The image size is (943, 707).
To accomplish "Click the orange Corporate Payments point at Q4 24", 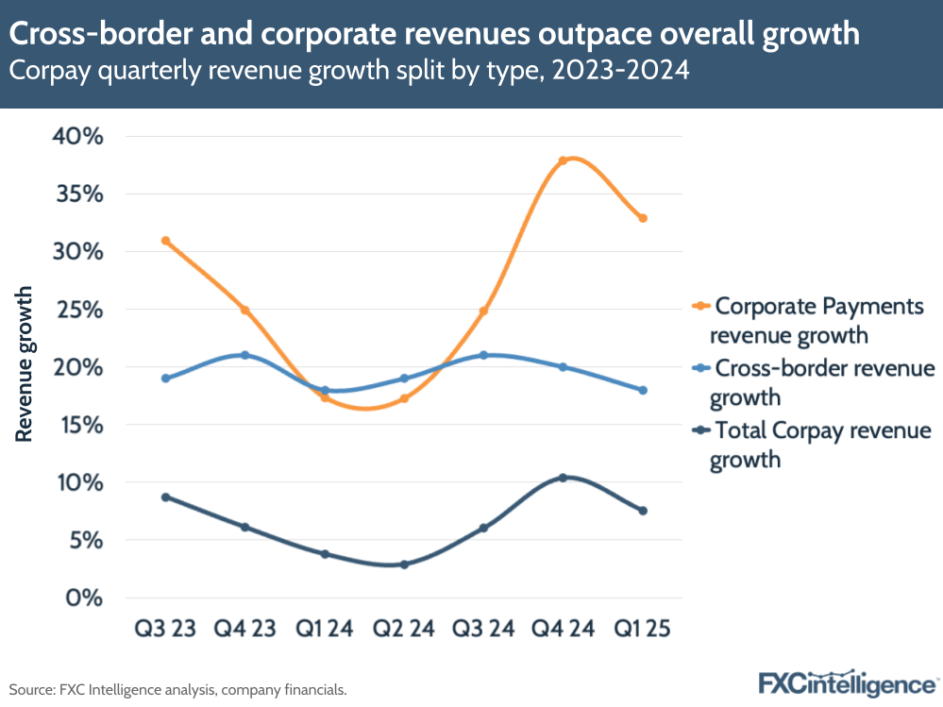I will click(564, 160).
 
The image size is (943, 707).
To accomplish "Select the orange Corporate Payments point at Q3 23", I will click(166, 241).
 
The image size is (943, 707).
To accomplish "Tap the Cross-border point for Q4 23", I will click(245, 355).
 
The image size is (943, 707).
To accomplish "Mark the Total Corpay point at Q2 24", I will click(404, 564).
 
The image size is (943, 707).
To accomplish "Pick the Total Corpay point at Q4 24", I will click(564, 478).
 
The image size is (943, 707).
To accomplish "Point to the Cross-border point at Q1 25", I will click(643, 390).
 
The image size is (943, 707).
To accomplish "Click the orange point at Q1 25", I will click(643, 218).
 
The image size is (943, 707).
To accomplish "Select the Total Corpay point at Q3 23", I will click(166, 497).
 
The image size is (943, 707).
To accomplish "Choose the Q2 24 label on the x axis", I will click(404, 629).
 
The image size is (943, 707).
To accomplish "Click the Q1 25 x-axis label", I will click(643, 629).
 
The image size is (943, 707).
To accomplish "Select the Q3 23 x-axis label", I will click(165, 629).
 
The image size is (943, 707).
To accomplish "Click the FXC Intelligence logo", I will click(846, 683).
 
